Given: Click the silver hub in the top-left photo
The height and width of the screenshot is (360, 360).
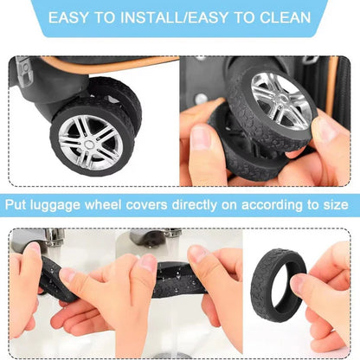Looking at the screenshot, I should pyautogui.click(x=89, y=140).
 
